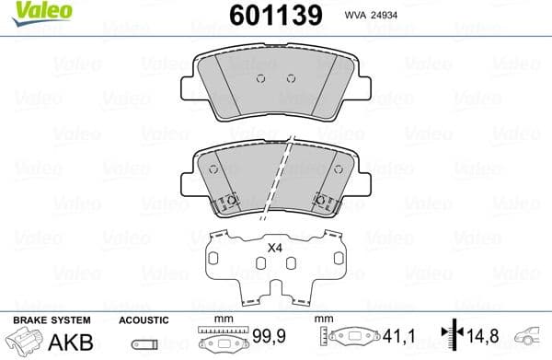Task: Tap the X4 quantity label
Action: coord(274,248)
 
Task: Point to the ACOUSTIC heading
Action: coord(144,319)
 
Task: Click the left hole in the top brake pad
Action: coord(261,77)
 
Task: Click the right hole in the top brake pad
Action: coord(291,77)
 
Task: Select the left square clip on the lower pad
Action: coord(232,202)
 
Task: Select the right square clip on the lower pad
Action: coord(323,202)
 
